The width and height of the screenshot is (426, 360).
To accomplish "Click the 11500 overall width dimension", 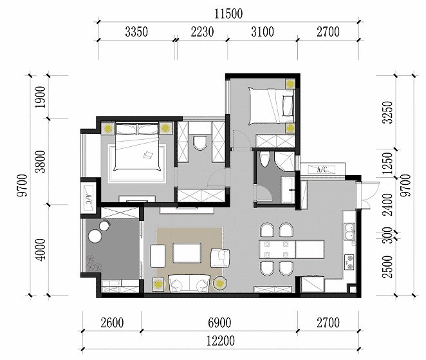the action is (x=228, y=14).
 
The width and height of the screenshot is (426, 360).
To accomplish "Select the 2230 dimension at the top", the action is (x=202, y=32).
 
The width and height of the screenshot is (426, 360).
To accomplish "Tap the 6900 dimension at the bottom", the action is (x=219, y=323).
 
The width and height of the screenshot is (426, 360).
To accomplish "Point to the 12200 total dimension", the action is (x=221, y=341).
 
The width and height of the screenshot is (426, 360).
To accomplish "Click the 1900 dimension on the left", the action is (x=40, y=97).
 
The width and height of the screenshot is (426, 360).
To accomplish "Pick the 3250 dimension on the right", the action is (x=387, y=112).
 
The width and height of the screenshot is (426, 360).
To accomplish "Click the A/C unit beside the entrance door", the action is (x=322, y=169).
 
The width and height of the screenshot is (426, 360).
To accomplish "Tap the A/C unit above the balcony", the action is (x=89, y=197).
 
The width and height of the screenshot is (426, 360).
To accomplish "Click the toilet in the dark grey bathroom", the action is (x=264, y=159).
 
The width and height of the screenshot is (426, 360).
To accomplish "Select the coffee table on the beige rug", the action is (x=187, y=253).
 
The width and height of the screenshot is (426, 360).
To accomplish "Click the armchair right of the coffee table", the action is (x=220, y=258).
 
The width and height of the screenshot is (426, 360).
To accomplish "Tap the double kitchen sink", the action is (x=349, y=231).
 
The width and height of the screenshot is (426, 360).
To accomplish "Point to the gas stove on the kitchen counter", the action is (x=349, y=262).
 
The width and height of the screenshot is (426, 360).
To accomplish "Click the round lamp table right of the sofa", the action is (x=220, y=284).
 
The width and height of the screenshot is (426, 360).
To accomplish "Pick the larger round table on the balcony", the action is (x=95, y=236).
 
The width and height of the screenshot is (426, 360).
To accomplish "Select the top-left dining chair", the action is (x=267, y=230).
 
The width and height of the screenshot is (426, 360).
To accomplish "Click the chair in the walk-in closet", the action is (x=200, y=143).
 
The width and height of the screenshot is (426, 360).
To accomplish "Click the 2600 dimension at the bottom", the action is (x=112, y=323).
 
